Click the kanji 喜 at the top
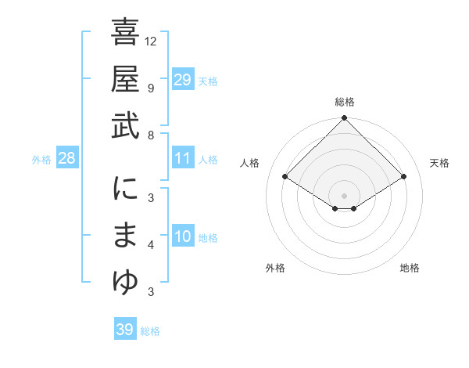[125, 34]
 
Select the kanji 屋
[125, 81]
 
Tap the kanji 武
[125, 126]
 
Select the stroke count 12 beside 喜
[151, 41]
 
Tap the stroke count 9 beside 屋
[151, 88]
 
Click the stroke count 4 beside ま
[151, 245]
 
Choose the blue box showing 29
[182, 80]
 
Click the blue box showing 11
[182, 158]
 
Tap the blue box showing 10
[182, 236]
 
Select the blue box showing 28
[66, 158]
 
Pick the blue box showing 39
[125, 330]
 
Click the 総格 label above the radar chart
[344, 102]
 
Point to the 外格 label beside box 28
[41, 160]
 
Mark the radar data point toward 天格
[403, 177]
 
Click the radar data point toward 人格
[285, 177]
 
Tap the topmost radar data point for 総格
[344, 119]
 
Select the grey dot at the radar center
[344, 194]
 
